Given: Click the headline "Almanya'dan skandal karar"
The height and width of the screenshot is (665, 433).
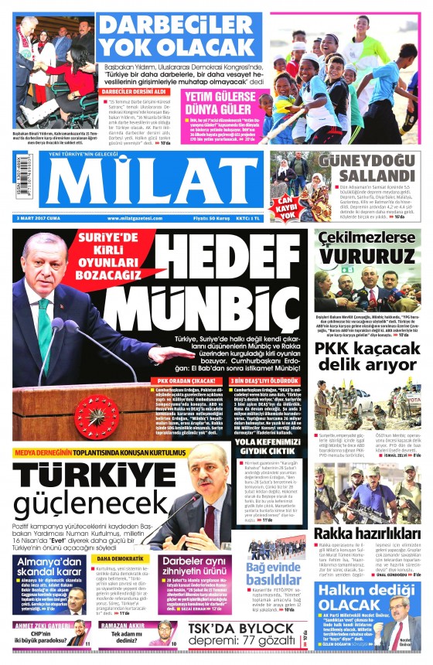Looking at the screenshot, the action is (x=49, y=567).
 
